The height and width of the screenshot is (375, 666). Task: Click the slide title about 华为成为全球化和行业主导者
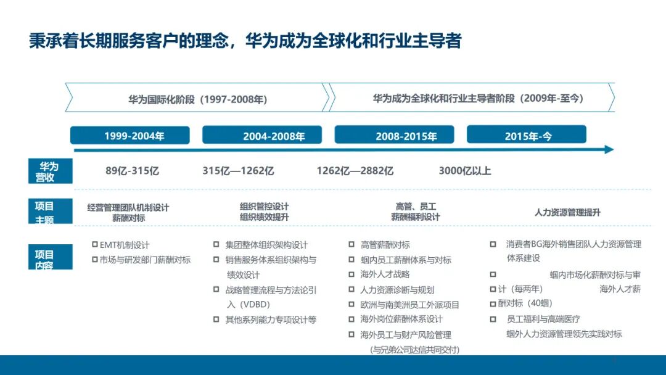tap(245, 41)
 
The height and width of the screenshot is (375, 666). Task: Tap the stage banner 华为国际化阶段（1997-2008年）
tap(197, 99)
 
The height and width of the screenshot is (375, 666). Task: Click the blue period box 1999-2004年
tap(134, 136)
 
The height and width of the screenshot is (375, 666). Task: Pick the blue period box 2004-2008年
tap(262, 136)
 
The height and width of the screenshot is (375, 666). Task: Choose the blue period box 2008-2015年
tap(394, 136)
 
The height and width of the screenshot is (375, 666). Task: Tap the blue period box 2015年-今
tap(526, 136)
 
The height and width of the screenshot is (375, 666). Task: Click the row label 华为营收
tap(49, 171)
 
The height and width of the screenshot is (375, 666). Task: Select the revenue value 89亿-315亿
tap(132, 171)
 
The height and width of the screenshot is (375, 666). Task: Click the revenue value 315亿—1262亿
tap(238, 171)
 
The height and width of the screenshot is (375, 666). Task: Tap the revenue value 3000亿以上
tap(465, 171)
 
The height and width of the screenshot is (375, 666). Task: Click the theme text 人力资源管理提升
tap(567, 212)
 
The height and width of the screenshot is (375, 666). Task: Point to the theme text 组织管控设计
tap(264, 207)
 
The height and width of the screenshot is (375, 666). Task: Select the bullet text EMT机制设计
tap(125, 245)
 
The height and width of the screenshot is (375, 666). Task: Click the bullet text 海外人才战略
tap(385, 274)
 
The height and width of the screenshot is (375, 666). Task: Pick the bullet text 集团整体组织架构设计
tap(266, 245)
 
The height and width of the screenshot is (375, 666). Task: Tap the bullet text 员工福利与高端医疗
tap(543, 319)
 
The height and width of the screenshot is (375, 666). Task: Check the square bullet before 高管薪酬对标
tap(351, 245)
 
